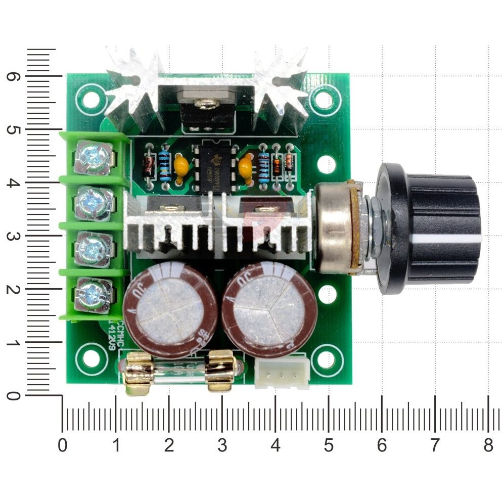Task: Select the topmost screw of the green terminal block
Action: (94, 157)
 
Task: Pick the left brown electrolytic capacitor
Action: (170, 308)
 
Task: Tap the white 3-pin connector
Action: (282, 373)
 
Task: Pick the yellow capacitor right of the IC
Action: (246, 167)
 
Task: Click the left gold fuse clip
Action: (139, 374)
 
